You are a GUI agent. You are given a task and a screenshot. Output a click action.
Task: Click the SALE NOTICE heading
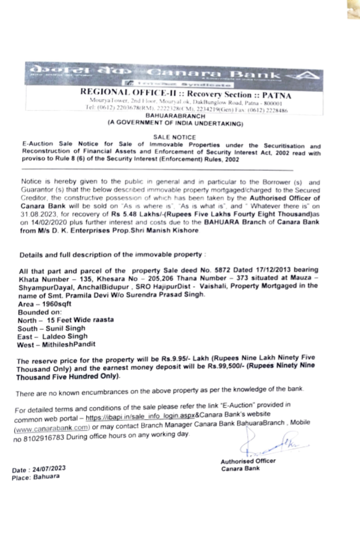(x=175, y=137)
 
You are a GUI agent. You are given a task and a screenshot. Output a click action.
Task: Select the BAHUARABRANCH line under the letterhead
(x=175, y=116)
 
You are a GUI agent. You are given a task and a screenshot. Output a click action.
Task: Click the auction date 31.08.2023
(x=34, y=214)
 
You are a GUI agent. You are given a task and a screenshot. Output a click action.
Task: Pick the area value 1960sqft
(x=57, y=304)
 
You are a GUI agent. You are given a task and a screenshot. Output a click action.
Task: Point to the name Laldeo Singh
(x=65, y=336)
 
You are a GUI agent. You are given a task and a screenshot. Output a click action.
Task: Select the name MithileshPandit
(x=69, y=344)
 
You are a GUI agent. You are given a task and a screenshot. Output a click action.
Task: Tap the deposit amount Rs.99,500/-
(x=225, y=366)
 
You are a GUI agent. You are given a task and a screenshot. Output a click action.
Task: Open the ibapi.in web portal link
(x=140, y=416)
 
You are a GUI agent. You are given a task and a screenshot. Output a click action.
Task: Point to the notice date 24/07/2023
(x=49, y=469)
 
